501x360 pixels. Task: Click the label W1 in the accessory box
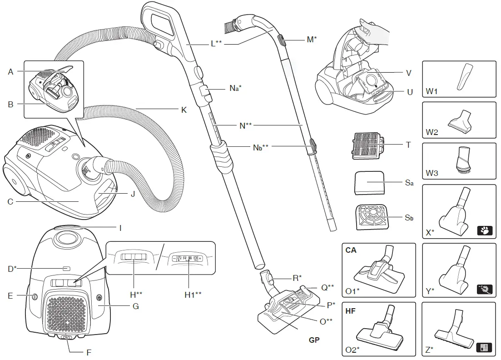tap(431, 92)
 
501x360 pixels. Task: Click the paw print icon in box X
tap(485, 230)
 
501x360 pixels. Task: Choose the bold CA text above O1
tap(351, 250)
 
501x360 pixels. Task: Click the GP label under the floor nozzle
tap(314, 340)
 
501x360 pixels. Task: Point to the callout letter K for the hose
tap(184, 110)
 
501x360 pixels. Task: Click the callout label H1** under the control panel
tap(193, 294)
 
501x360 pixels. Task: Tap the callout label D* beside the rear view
tap(12, 269)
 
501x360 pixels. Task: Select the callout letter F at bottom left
tap(89, 352)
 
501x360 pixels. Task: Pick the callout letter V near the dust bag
tap(408, 73)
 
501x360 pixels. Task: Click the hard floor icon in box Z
tap(485, 349)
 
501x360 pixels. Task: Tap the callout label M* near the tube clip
tap(312, 40)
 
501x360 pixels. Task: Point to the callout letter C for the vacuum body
tap(10, 201)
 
